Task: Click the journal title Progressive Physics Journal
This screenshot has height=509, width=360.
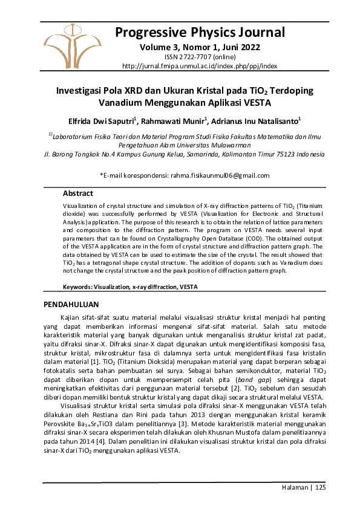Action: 199,31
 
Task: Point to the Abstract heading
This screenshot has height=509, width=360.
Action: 78,193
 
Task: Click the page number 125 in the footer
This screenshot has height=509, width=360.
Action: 320,487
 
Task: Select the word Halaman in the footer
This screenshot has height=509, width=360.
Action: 294,487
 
